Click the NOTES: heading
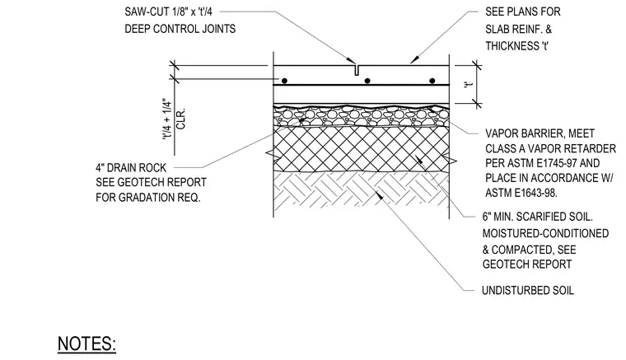click(86, 344)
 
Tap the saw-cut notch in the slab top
click(357, 70)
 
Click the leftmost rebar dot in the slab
click(284, 81)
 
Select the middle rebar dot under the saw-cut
click(367, 81)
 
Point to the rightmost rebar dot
click(432, 81)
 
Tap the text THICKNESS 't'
click(517, 46)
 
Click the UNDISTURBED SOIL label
click(528, 290)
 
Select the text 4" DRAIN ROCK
click(131, 167)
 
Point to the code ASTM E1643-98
click(521, 193)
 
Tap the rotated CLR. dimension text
click(181, 119)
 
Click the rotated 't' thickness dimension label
click(469, 85)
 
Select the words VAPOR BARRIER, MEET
click(540, 133)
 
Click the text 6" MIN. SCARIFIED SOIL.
click(537, 217)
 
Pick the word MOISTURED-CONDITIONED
click(545, 233)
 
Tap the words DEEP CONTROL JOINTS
click(180, 29)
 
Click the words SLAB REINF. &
click(519, 30)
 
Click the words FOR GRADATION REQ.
click(147, 198)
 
